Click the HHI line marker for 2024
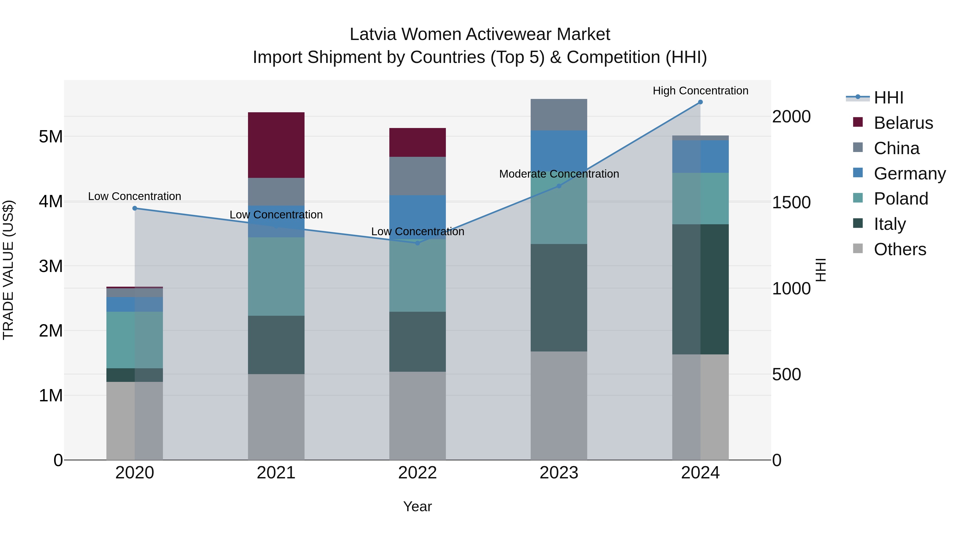pos(700,102)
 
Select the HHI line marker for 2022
pos(417,243)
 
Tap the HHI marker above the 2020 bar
pos(135,208)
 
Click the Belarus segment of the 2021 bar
pos(276,145)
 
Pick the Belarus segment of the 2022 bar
pos(417,142)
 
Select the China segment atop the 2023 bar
pos(559,115)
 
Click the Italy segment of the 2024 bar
pos(700,289)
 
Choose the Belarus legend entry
pos(903,123)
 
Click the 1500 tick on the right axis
pos(791,202)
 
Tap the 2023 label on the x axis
pos(559,473)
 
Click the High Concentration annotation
pos(700,91)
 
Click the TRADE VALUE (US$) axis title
pos(8,270)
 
